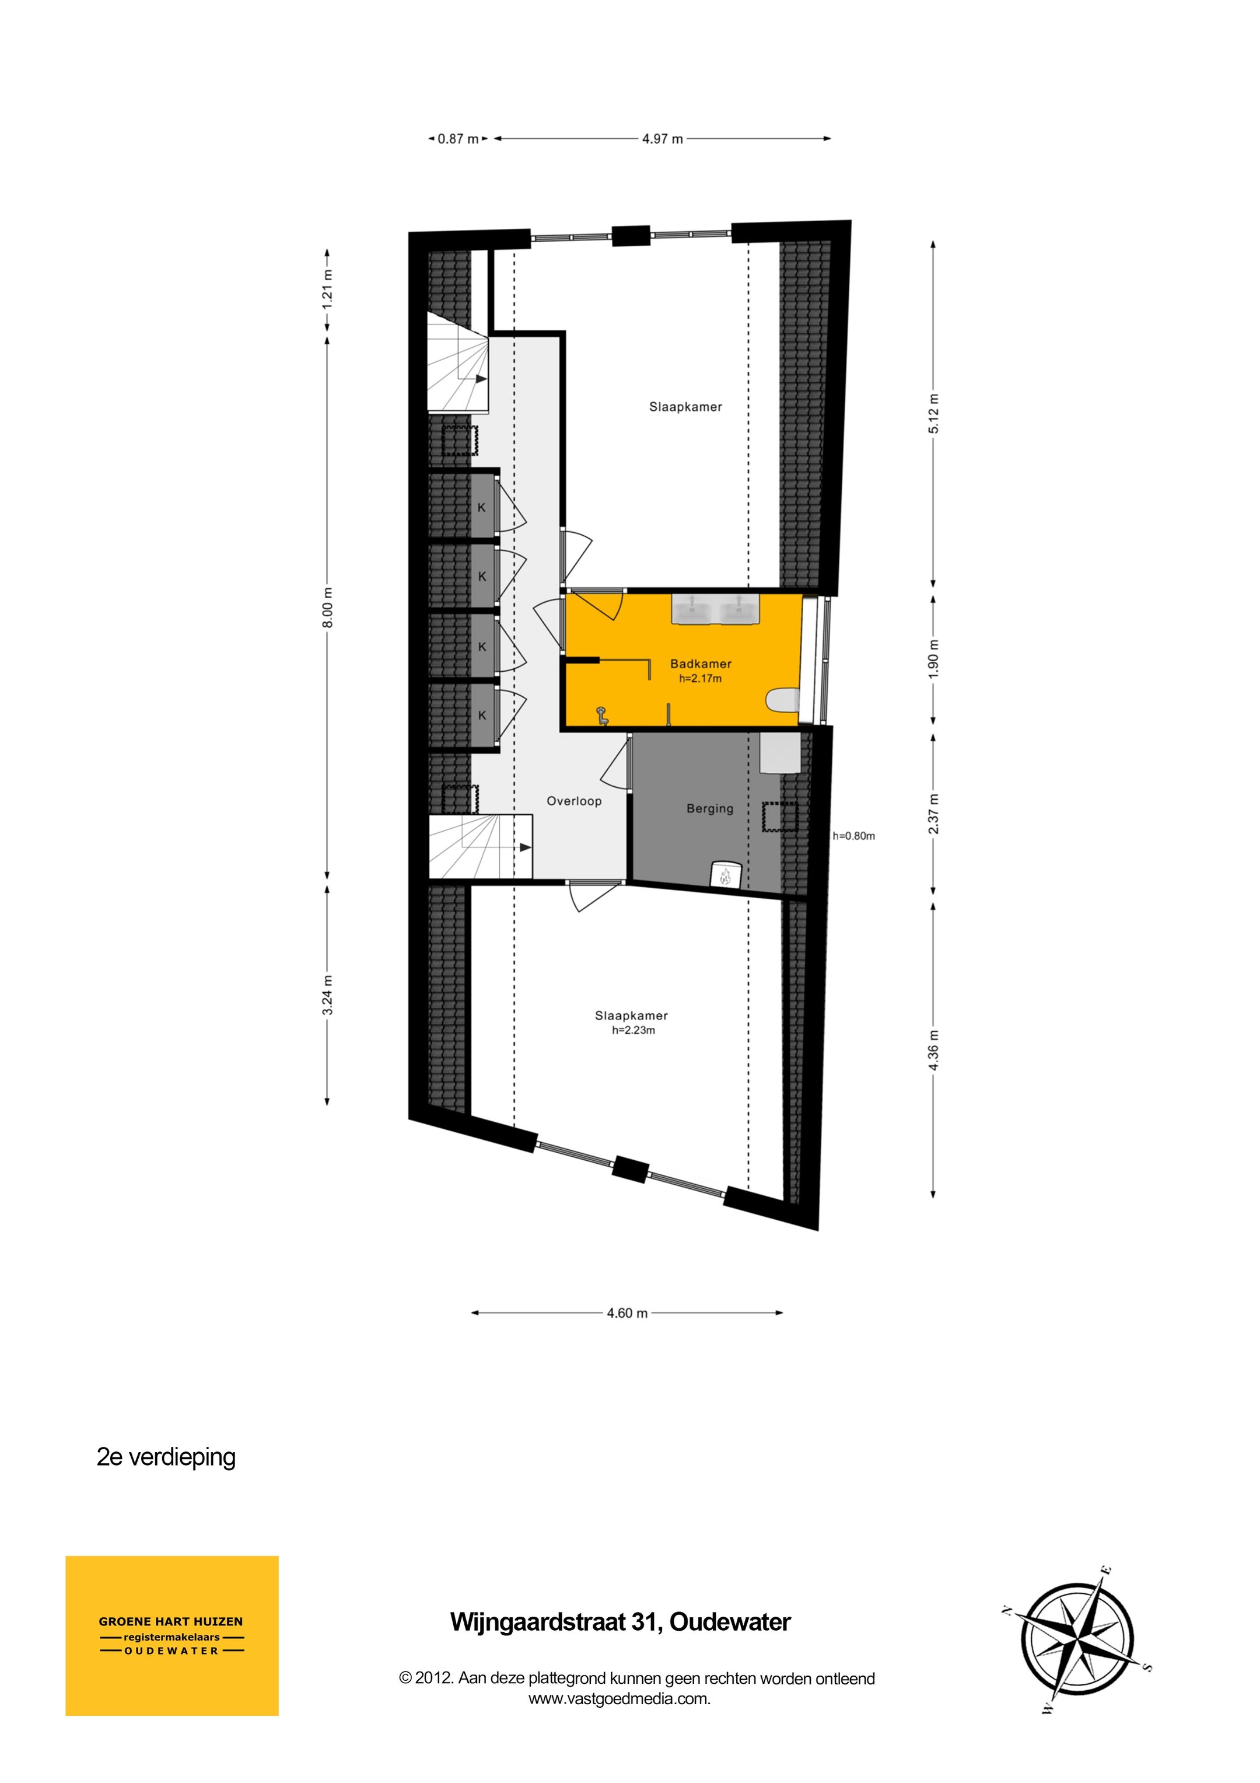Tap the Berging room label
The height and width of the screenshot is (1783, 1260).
click(709, 808)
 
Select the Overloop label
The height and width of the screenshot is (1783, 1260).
click(574, 801)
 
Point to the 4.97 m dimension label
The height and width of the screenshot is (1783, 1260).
click(662, 139)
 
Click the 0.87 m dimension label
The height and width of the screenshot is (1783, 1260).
click(458, 139)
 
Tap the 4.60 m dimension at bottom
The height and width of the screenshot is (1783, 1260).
click(626, 1313)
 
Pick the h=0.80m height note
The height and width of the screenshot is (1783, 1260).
click(853, 836)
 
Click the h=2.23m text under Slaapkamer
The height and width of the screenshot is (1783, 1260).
click(633, 1031)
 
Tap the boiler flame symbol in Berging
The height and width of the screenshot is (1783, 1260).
click(726, 876)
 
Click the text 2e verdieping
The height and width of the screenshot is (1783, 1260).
click(166, 1457)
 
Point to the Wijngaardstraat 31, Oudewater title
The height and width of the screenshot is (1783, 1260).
click(620, 1623)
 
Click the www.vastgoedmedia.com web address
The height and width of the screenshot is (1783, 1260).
click(619, 1698)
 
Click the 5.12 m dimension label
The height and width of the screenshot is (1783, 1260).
click(933, 413)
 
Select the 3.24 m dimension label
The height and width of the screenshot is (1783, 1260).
click(328, 995)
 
